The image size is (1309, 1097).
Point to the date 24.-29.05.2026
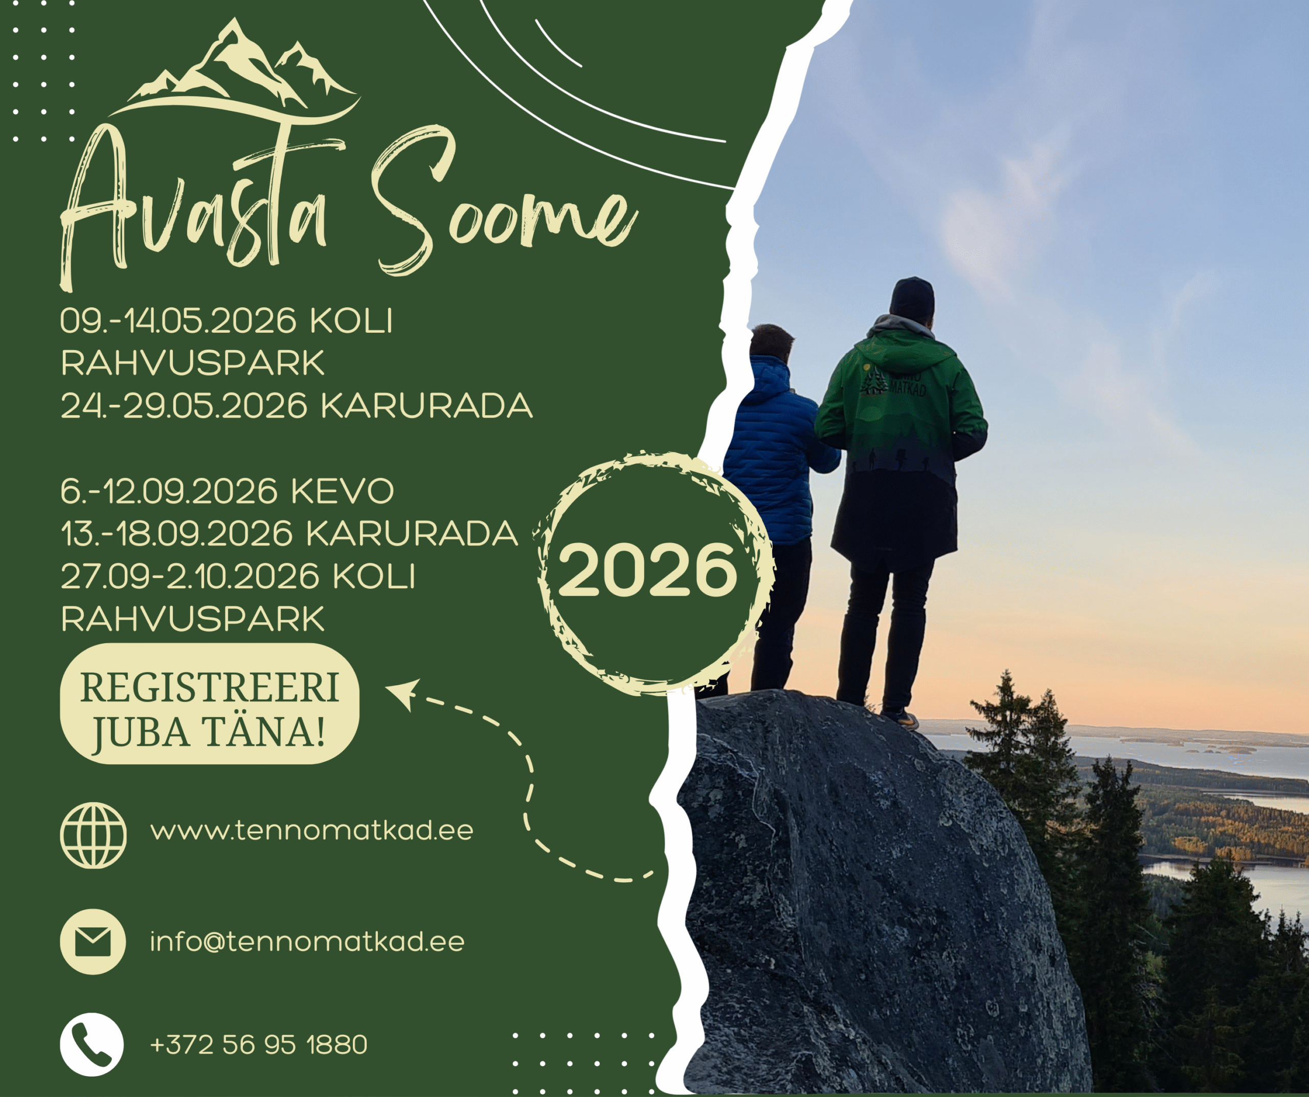click(184, 406)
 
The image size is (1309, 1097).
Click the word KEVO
click(342, 492)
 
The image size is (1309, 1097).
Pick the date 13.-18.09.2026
click(176, 534)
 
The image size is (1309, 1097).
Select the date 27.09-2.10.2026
click(190, 577)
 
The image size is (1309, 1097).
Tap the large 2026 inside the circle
click(648, 569)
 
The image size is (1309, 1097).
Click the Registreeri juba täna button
click(210, 704)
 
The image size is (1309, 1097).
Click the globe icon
click(94, 835)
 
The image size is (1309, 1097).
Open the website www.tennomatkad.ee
click(312, 831)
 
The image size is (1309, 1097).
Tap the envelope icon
click(93, 941)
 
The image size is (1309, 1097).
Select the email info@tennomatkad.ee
click(307, 941)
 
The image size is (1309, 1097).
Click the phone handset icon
click(92, 1045)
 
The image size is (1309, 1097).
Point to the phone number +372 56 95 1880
click(259, 1045)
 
